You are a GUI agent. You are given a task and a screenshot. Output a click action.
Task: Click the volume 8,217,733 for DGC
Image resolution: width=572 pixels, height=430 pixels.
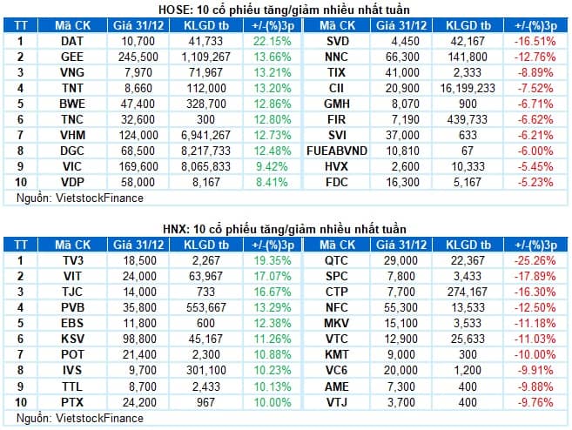209,151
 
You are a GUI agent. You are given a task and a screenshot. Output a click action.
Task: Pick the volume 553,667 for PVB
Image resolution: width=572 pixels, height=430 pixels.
209,307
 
